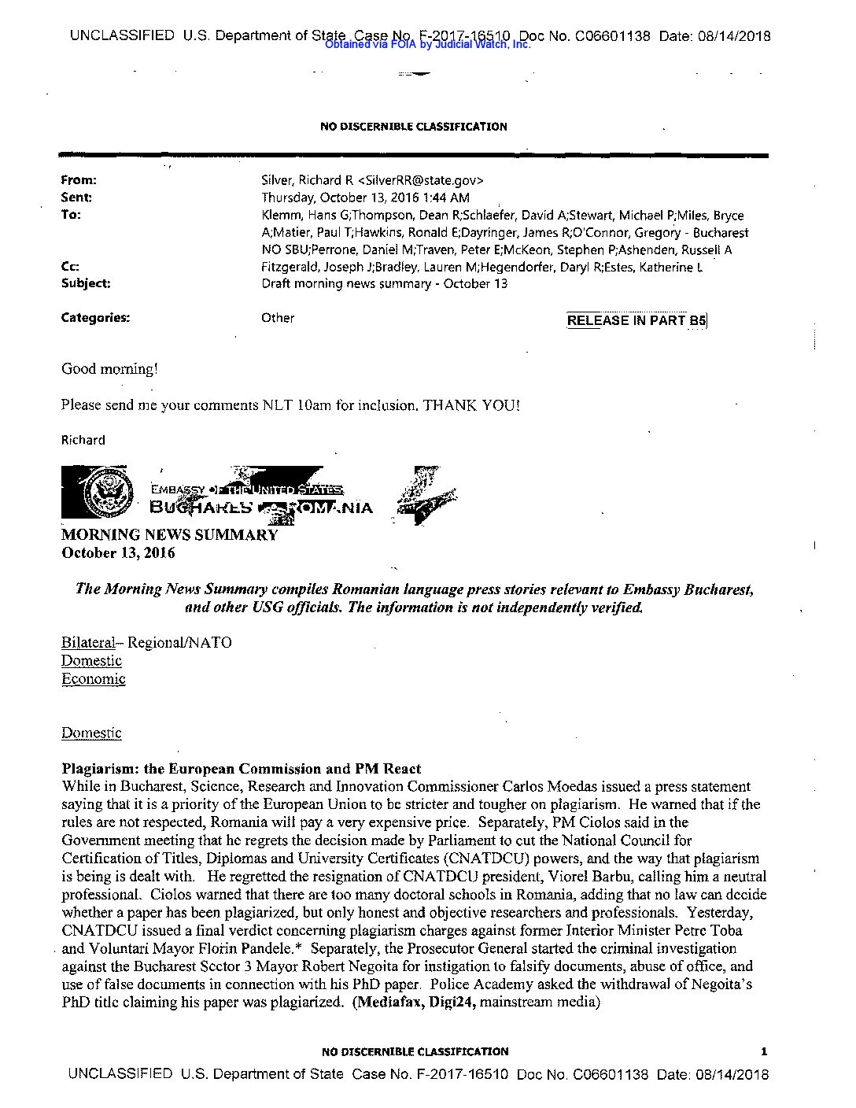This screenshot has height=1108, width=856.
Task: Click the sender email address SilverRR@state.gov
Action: (421, 180)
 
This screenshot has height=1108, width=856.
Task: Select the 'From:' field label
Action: (79, 180)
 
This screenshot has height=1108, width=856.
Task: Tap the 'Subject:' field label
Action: (86, 283)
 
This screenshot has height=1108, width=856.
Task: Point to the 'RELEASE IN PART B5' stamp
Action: (636, 320)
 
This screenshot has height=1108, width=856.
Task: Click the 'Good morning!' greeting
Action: (110, 368)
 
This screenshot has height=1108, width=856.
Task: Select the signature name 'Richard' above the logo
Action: (83, 440)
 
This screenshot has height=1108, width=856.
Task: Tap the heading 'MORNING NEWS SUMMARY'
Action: (169, 535)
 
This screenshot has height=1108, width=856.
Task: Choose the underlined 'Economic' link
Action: (93, 679)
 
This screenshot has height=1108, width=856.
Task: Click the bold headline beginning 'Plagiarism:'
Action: (242, 769)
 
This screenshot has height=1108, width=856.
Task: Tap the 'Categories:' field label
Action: (95, 318)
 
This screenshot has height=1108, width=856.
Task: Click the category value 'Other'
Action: (278, 318)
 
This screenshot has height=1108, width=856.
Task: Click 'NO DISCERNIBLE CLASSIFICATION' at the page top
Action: (413, 127)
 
